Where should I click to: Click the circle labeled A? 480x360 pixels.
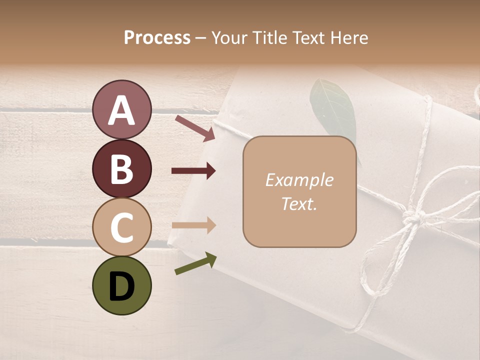[x=122, y=109]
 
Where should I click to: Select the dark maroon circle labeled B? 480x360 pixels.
[x=122, y=168]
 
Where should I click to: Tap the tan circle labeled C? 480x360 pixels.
[x=122, y=227]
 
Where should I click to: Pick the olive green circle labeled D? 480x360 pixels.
[x=122, y=286]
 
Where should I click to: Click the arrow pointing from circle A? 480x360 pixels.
[x=194, y=127]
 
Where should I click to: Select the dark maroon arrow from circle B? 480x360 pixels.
[x=193, y=171]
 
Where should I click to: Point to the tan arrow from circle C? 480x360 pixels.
[x=193, y=225]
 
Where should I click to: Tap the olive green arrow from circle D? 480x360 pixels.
[x=195, y=264]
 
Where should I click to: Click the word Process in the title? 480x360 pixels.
[x=157, y=37]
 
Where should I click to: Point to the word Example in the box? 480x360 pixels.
[x=299, y=180]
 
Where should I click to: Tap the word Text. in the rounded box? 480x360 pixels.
[x=299, y=203]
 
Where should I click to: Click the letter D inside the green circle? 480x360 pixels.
[x=122, y=286]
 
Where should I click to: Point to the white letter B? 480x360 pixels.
[x=122, y=169]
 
